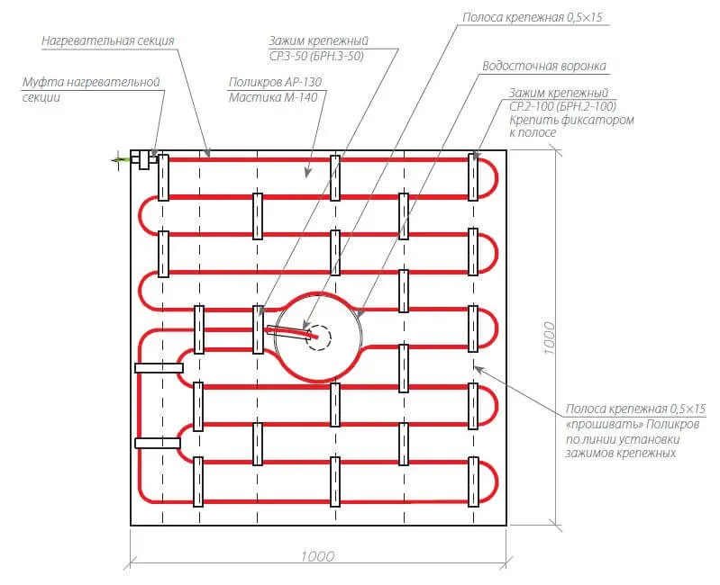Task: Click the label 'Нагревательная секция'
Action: click(x=108, y=40)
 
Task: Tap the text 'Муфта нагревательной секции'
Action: click(x=91, y=89)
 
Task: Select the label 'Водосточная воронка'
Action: click(x=544, y=66)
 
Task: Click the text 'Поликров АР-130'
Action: click(x=275, y=82)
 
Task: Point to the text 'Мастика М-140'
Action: click(x=273, y=97)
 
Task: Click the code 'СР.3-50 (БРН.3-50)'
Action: click(x=316, y=56)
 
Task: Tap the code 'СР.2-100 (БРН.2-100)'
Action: click(x=562, y=106)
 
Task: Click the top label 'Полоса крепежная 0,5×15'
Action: click(x=533, y=17)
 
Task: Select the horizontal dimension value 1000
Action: click(x=318, y=556)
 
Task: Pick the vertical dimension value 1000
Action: click(x=549, y=337)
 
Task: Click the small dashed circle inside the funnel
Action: click(x=318, y=338)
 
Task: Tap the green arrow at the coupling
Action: click(x=122, y=160)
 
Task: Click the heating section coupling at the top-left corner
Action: click(x=143, y=160)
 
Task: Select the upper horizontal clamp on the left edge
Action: click(x=159, y=368)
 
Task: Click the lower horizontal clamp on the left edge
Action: click(x=157, y=443)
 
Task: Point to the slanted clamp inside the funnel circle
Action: click(x=288, y=332)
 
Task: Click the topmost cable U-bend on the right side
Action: click(x=495, y=179)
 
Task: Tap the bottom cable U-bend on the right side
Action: click(x=495, y=481)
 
